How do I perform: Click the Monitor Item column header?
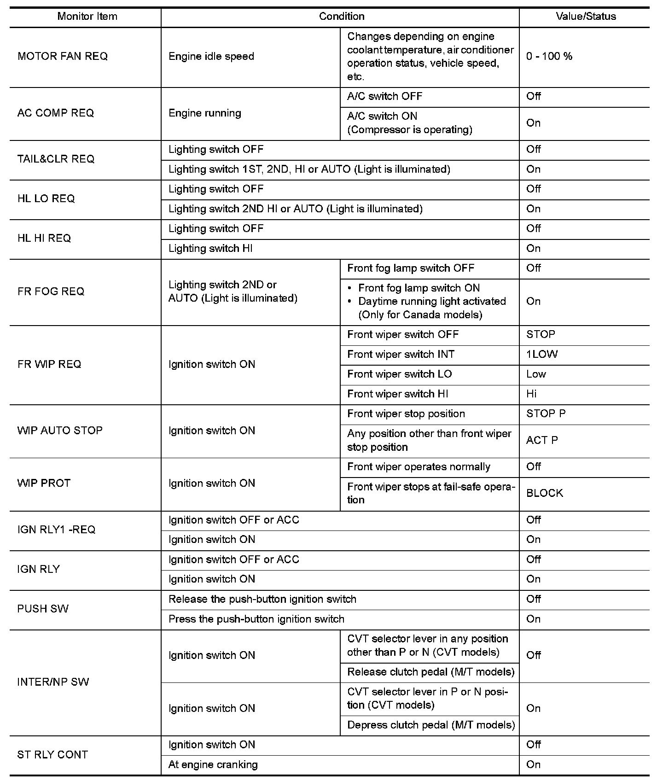point(87,17)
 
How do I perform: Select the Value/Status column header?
point(586,17)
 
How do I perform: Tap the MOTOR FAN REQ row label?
point(63,56)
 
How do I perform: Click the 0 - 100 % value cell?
point(549,56)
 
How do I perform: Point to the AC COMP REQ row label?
point(56,113)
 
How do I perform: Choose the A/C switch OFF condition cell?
point(384,96)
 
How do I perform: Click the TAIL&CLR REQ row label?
point(56,159)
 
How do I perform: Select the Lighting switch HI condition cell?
point(210,249)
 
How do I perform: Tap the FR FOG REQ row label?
point(51,291)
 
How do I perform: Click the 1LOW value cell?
point(542,354)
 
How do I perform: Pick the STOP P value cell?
point(546,414)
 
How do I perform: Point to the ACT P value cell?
point(542,440)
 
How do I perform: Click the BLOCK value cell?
point(545,493)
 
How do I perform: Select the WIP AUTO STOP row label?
point(60,431)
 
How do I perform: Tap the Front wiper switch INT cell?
point(401,354)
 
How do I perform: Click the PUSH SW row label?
point(43,609)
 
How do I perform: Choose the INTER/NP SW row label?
point(53,682)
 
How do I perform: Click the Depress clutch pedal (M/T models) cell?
point(430,725)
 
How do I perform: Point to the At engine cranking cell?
point(213,765)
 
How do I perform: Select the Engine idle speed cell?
point(211,56)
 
